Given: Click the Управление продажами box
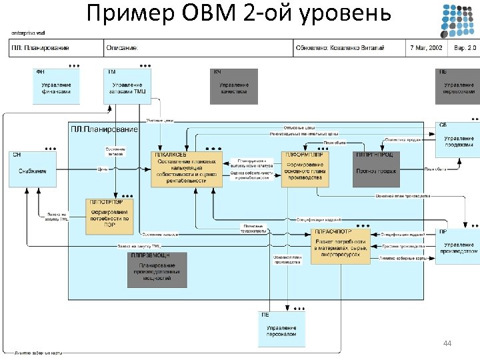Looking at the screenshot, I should coord(459,141).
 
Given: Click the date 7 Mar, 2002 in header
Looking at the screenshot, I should coord(425,49).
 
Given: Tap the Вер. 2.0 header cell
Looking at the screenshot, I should coord(465,49).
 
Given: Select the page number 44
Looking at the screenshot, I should coord(447,343).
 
